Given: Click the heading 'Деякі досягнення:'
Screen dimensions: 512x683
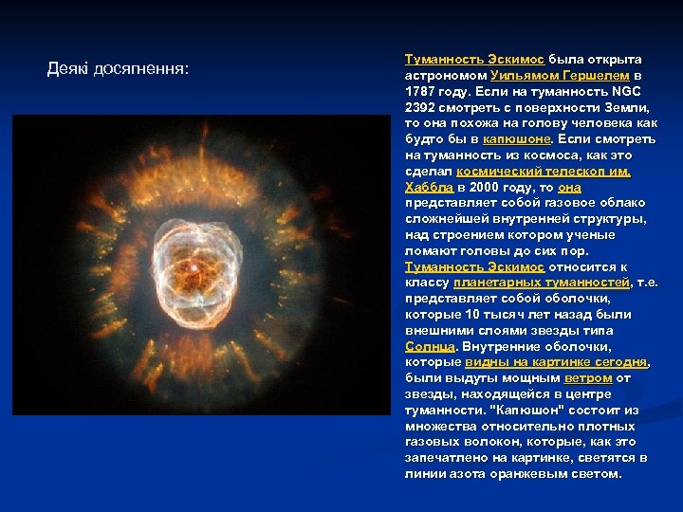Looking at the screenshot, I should tap(118, 69).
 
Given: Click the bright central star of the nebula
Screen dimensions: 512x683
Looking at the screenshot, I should tap(197, 269).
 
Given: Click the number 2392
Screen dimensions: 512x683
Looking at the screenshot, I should tap(421, 106).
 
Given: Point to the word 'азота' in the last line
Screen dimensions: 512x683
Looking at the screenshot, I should tap(464, 473).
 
